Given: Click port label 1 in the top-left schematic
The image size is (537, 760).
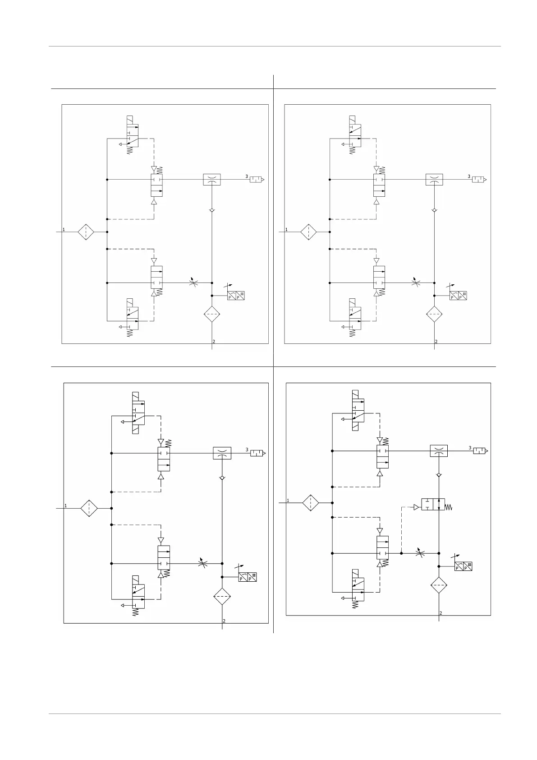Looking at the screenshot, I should point(64,229).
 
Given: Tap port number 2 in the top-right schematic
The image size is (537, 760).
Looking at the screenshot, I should point(436,342).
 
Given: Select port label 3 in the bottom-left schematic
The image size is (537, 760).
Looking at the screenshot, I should point(247,450).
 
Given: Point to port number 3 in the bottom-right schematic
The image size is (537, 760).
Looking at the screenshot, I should point(470,448).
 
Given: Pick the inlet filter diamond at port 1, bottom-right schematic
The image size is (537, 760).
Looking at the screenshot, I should point(310,502).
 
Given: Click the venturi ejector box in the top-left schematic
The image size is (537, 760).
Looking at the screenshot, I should point(211,180).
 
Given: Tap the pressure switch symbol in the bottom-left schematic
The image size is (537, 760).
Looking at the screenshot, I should point(248,576).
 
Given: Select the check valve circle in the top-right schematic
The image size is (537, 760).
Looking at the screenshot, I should point(434,210).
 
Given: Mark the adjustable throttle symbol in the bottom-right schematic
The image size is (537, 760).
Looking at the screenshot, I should point(420,553).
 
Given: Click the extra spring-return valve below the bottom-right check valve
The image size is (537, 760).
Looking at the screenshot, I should point(433,505).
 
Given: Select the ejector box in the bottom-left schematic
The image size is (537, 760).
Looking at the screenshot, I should point(222,453).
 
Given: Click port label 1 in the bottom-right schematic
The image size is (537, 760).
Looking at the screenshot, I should point(288,500).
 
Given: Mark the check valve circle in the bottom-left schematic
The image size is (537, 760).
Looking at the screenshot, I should point(222,478).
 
